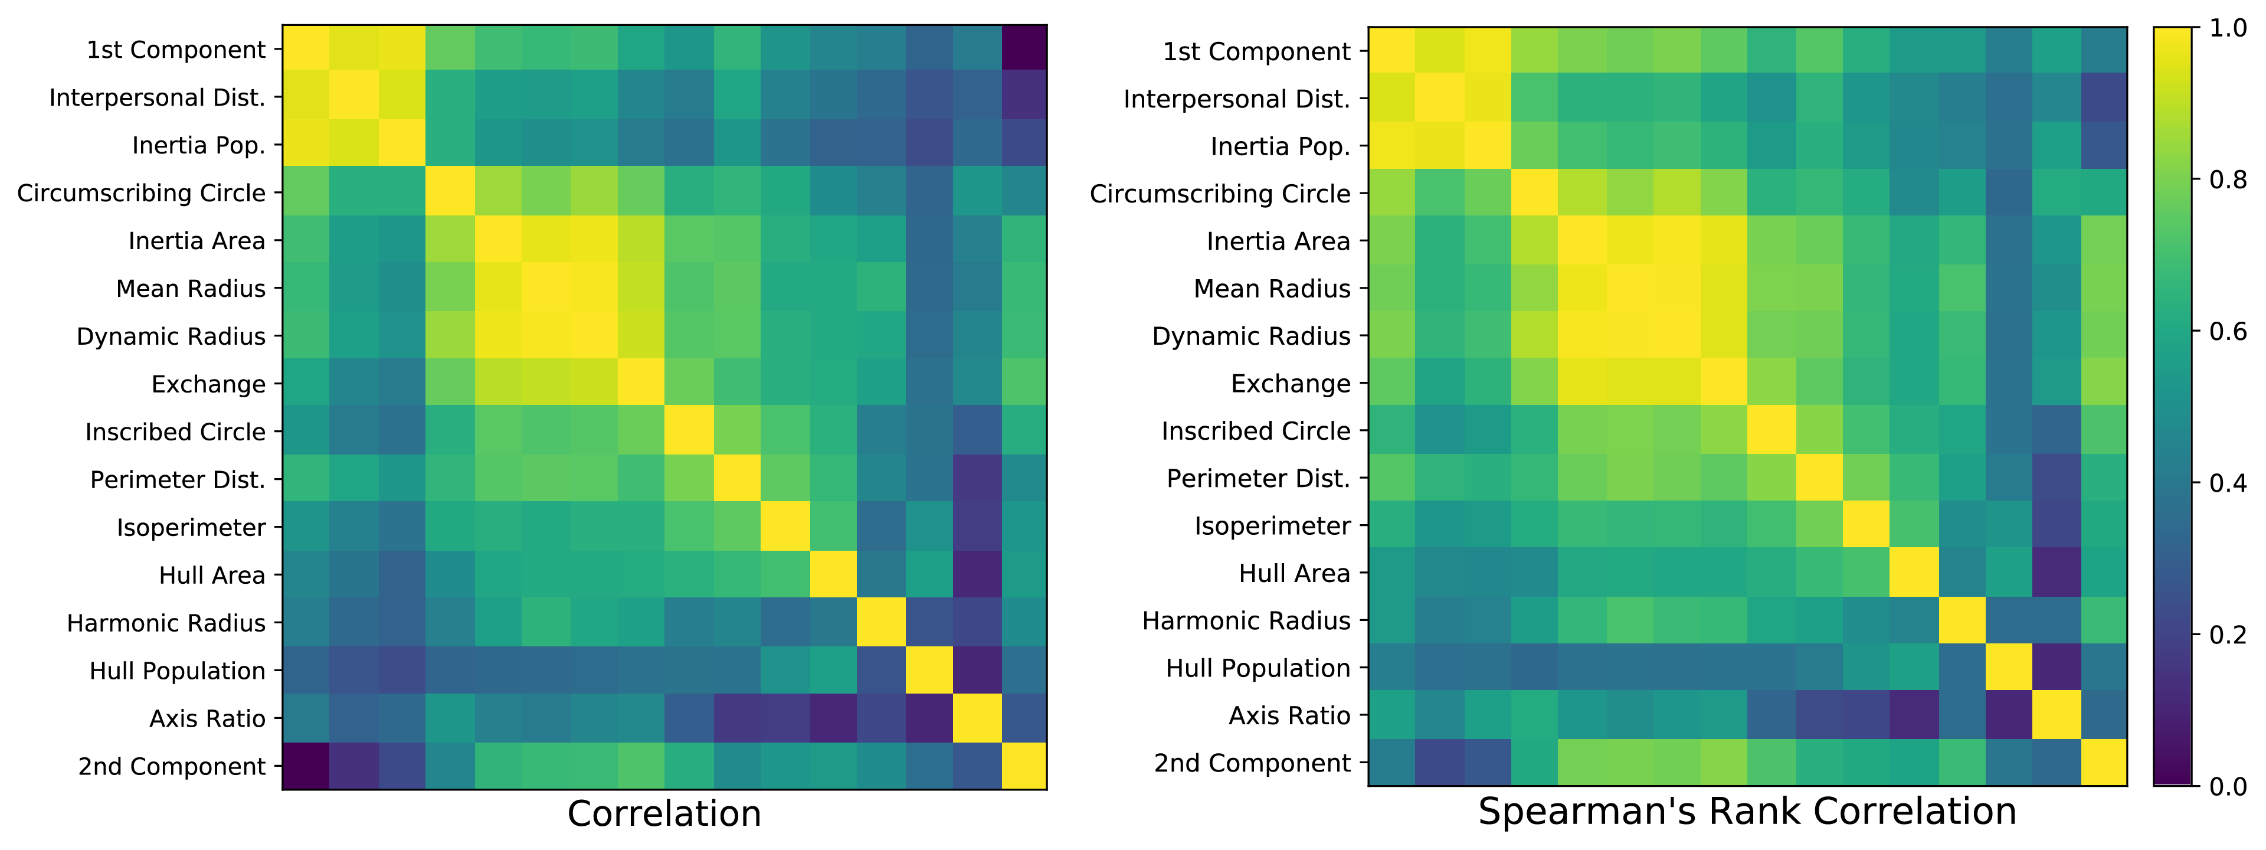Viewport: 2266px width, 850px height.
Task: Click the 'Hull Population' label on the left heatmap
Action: coord(177,671)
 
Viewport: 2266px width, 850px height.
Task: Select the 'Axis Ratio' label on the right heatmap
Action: coord(1289,716)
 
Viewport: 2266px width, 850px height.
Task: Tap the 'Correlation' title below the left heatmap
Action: coord(664,814)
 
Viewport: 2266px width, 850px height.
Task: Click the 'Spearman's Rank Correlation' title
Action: coord(1747,811)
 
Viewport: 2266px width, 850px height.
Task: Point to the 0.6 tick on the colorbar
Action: coord(2227,332)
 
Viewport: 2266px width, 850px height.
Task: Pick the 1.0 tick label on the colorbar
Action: coord(2227,29)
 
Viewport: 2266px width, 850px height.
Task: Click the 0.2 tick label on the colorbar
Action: coord(2227,635)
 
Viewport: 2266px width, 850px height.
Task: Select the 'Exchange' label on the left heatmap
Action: coord(208,384)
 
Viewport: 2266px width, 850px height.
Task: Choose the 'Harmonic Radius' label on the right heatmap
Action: coord(1246,621)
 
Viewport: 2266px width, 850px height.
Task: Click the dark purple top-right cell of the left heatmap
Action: coord(1024,48)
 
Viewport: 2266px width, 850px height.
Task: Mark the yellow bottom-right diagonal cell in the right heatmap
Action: coord(2103,762)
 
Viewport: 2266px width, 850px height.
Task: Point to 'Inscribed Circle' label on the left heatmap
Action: coord(175,432)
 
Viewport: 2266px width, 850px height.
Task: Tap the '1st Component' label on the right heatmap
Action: coord(1256,52)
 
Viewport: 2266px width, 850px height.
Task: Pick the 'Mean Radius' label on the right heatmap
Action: coord(1272,289)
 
